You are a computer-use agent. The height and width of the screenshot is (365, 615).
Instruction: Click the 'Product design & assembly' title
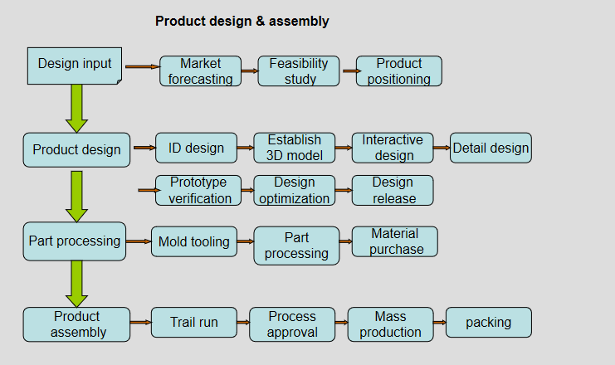point(242,22)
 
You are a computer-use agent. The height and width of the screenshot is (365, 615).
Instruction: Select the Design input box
point(75,66)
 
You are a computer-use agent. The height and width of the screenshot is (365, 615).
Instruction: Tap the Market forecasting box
point(200,71)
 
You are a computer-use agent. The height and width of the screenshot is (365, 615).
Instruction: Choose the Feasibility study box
point(299,71)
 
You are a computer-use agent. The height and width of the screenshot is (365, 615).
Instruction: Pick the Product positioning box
point(399,71)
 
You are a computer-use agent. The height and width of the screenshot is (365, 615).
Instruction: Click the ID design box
point(196,148)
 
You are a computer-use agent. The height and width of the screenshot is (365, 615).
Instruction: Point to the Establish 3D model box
point(294,148)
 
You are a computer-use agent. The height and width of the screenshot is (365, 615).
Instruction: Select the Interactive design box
point(393,148)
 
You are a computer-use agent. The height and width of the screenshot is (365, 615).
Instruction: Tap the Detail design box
point(491,148)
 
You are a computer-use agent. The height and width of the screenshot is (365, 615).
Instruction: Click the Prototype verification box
point(198,191)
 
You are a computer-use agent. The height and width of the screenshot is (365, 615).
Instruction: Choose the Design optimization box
point(294,191)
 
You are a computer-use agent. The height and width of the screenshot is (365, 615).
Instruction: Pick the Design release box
point(393,191)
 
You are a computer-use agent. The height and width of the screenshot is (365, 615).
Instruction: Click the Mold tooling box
point(194,241)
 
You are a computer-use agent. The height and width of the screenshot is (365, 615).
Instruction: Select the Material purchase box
point(394,241)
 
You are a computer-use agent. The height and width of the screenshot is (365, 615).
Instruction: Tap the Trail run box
point(194,322)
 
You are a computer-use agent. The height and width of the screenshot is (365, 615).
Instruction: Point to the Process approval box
point(292,324)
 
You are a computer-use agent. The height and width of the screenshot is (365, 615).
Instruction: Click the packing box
point(489,322)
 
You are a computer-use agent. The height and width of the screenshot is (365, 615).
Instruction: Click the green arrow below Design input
point(77,109)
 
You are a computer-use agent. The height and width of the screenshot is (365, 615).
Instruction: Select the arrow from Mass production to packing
point(440,322)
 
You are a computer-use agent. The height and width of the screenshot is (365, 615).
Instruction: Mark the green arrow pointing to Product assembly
point(77,284)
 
